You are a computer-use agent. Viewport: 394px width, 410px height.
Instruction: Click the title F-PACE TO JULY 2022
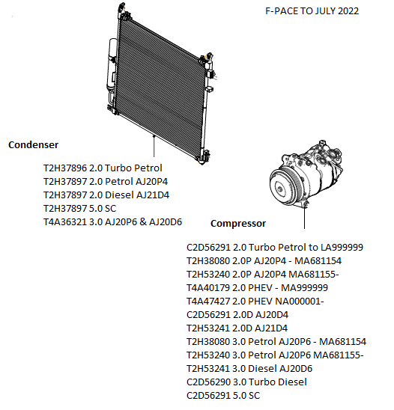[x=312, y=11]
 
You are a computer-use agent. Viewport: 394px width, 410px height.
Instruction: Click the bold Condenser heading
[x=33, y=144]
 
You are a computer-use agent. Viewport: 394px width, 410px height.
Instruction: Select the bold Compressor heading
[x=238, y=223]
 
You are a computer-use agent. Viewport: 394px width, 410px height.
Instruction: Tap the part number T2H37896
[x=65, y=168]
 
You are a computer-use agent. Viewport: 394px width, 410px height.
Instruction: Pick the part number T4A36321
[x=65, y=221]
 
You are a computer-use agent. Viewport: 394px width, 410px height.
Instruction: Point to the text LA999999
[x=342, y=247]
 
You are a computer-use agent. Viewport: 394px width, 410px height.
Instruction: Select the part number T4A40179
[x=208, y=287]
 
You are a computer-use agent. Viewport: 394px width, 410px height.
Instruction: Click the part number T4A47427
[x=208, y=302]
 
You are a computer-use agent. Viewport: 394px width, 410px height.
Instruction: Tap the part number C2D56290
[x=208, y=382]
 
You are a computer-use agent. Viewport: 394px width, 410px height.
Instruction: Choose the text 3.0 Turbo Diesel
[x=270, y=382]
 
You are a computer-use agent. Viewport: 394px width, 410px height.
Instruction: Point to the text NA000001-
[x=300, y=302]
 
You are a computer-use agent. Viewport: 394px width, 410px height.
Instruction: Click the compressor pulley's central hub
[x=280, y=189]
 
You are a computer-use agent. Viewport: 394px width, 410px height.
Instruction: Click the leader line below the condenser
[x=154, y=147]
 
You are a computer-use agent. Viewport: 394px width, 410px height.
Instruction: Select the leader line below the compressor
[x=304, y=218]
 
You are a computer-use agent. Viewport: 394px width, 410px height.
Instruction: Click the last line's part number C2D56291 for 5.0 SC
[x=208, y=395]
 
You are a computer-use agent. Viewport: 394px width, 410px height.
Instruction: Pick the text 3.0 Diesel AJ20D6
[x=273, y=368]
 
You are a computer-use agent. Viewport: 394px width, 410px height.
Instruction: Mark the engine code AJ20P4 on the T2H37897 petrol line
[x=152, y=182]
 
